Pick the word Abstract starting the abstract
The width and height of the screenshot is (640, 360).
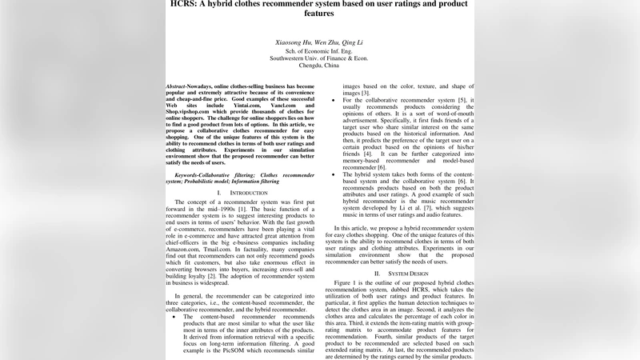[x=178, y=86]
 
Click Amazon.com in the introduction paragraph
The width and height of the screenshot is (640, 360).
[x=184, y=249]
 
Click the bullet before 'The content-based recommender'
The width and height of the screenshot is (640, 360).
[x=175, y=318]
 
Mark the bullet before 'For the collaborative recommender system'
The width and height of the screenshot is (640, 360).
[x=334, y=101]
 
